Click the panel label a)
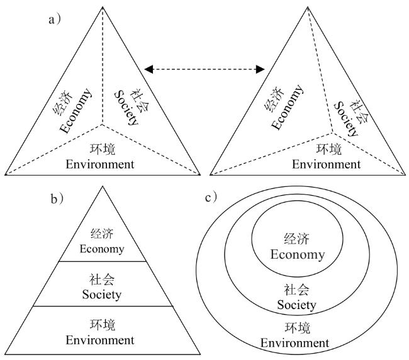[55, 19]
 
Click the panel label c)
[211, 198]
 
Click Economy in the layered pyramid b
[102, 249]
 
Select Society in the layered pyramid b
[102, 294]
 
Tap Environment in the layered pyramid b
[102, 340]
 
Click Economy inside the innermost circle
[297, 255]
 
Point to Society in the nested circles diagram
[297, 305]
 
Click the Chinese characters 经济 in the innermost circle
[297, 240]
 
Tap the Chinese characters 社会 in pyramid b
[102, 279]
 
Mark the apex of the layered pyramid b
[103, 186]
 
